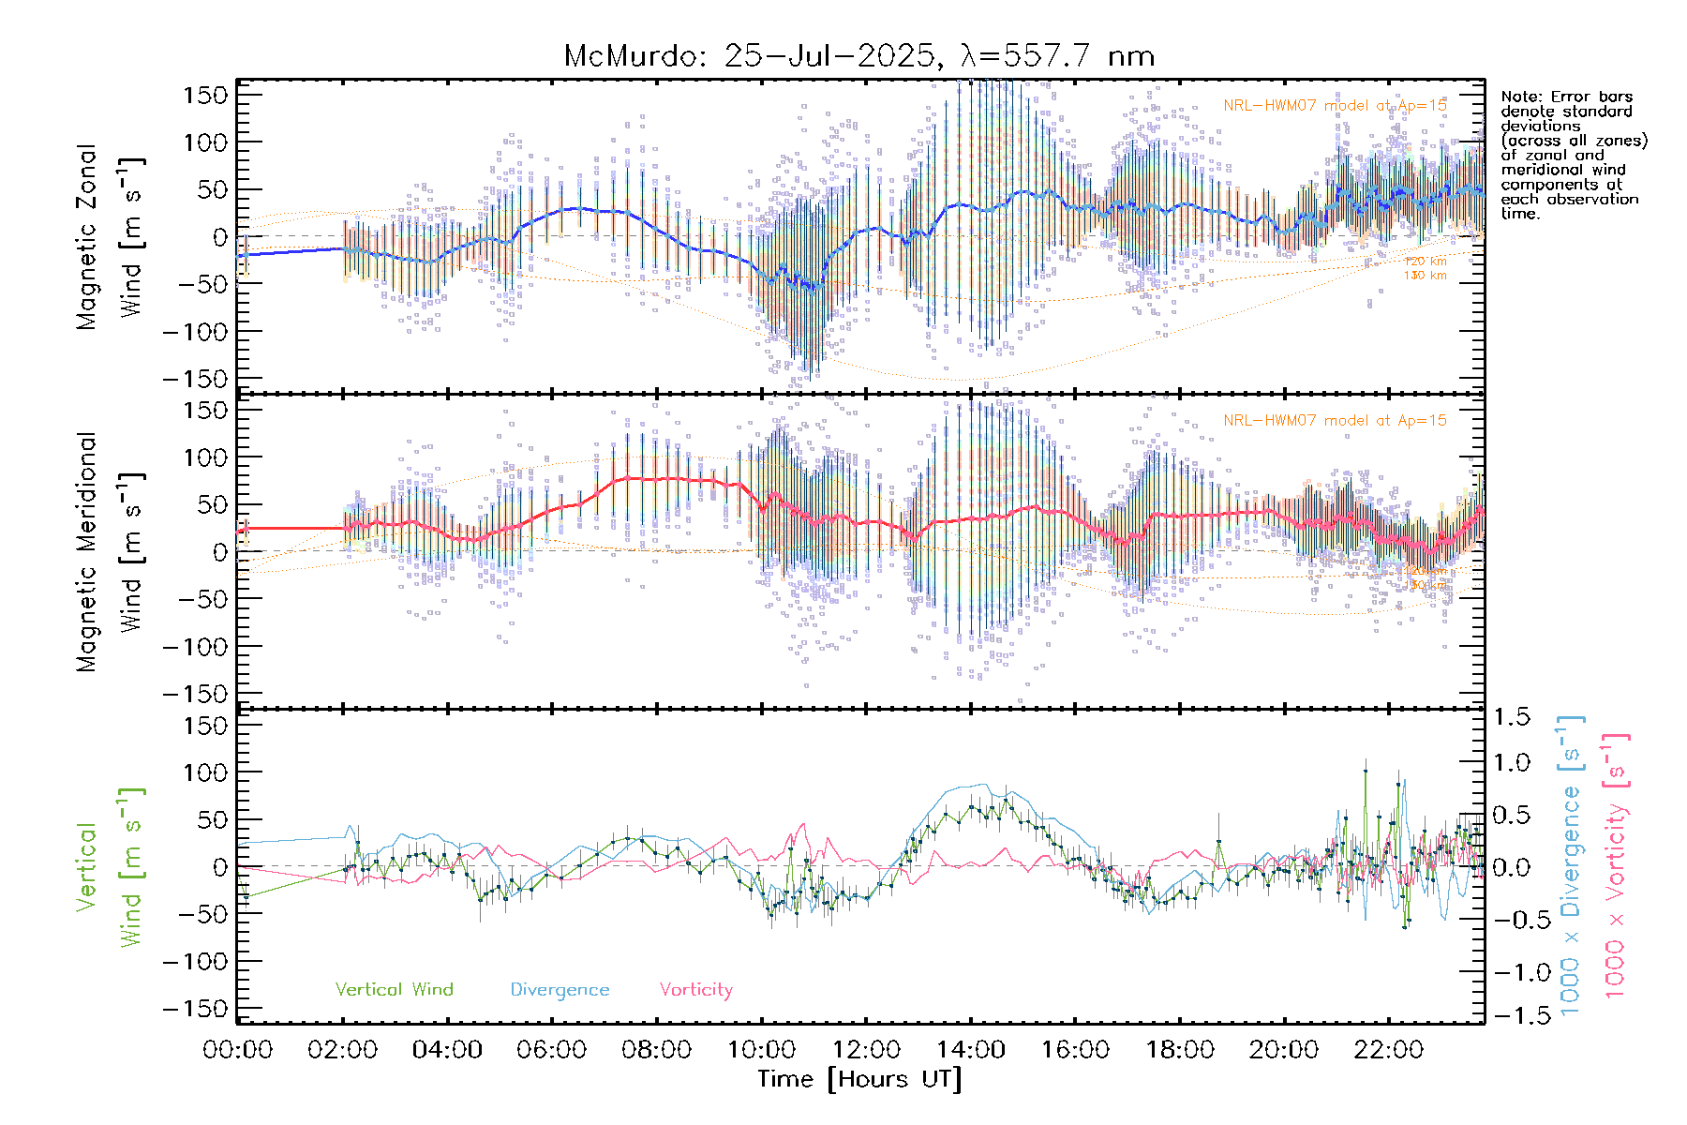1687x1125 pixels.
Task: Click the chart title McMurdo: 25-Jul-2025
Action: [858, 56]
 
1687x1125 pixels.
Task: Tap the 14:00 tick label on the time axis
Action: [970, 1049]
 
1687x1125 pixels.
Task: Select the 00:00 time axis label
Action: [238, 1049]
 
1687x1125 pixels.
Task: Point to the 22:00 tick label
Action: [1388, 1049]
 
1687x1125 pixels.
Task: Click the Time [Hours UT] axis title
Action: [858, 1079]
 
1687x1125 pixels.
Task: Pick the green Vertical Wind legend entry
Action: [394, 990]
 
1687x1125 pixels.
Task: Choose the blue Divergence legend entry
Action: [560, 990]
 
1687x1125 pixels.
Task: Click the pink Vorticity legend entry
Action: [695, 990]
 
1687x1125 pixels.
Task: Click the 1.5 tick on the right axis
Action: [1511, 717]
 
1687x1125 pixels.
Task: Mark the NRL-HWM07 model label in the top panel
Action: [1335, 106]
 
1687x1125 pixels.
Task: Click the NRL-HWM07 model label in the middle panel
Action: [1335, 421]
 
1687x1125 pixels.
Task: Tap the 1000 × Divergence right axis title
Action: [1571, 865]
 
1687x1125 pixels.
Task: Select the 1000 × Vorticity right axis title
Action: [1615, 865]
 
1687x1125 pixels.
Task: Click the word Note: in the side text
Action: [1520, 97]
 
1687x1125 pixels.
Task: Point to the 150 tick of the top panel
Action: [205, 95]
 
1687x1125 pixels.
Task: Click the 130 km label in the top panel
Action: [1425, 276]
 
